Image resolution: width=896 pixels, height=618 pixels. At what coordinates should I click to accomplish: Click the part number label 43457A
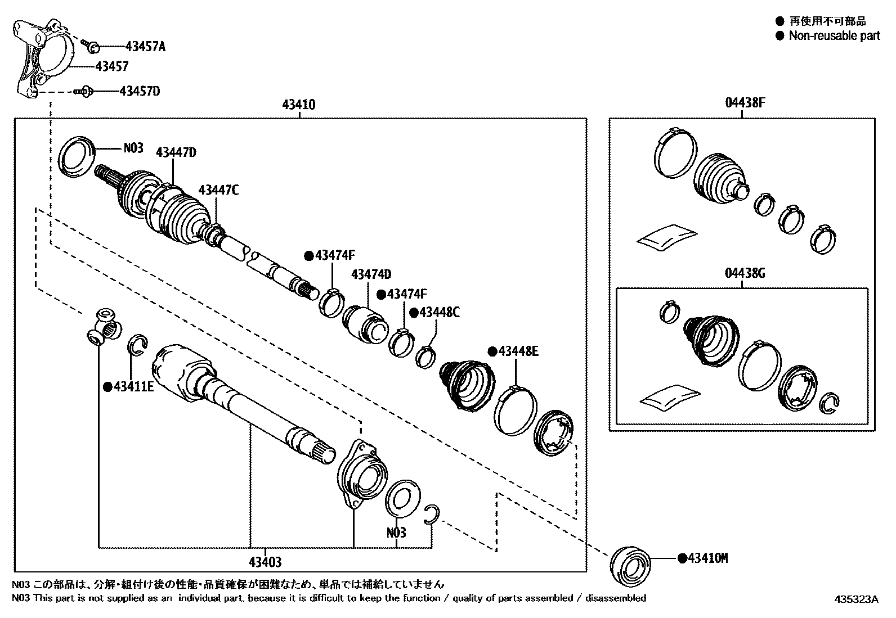145,47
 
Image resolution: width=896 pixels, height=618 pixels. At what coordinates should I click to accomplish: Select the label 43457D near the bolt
140,91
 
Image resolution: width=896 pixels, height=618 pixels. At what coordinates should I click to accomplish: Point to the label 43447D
176,152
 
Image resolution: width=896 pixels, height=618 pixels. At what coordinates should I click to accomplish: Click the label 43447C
218,190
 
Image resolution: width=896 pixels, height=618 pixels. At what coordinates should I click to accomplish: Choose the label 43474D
371,274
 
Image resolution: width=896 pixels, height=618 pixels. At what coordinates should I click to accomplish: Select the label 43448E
518,352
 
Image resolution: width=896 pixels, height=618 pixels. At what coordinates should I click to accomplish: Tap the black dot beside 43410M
682,558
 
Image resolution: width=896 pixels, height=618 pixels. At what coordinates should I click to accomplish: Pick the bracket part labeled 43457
42,59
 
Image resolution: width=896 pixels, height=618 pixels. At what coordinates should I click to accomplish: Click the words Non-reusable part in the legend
834,36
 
